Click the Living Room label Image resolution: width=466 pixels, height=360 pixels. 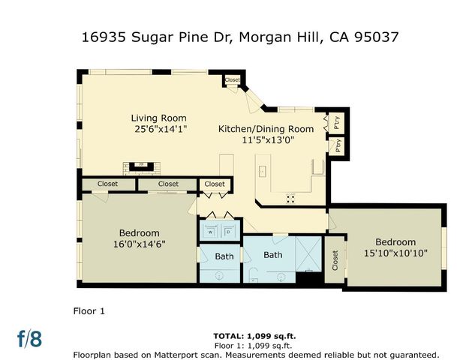[x=158, y=118]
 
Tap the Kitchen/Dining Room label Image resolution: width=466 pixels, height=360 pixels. [x=266, y=129]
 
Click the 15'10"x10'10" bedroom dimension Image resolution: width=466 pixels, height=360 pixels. [x=395, y=253]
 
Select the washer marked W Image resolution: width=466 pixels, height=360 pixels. [x=210, y=232]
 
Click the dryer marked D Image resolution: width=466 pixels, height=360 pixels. [x=227, y=232]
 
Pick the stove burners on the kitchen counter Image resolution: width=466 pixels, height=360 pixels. [x=290, y=198]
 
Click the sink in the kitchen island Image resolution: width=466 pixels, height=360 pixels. [x=262, y=172]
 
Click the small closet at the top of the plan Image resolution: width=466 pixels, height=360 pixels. [x=232, y=80]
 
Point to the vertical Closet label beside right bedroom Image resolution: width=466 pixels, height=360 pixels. [x=335, y=260]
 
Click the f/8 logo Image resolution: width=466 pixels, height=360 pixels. [x=30, y=338]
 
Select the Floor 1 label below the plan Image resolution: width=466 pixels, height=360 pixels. [x=88, y=310]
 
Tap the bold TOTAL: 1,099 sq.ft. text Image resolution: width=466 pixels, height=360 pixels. [x=255, y=336]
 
